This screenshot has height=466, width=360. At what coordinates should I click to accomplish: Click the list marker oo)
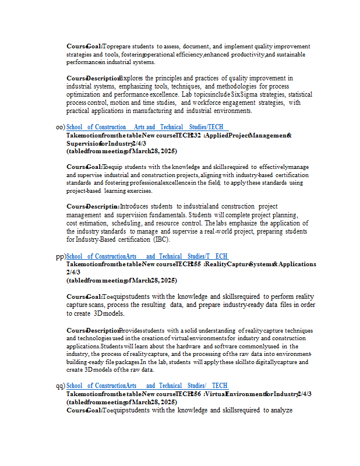click(60, 127)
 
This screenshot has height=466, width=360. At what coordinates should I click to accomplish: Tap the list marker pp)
click(61, 256)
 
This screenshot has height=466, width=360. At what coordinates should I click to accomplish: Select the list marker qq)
click(61, 386)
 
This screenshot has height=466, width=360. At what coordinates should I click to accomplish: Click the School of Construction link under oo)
click(147, 127)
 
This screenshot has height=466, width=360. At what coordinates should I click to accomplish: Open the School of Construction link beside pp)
click(147, 256)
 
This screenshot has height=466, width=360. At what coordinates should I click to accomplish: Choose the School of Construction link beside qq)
click(147, 386)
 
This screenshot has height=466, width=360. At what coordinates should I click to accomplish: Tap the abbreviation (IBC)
click(162, 239)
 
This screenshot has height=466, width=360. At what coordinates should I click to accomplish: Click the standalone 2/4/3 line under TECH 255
click(73, 272)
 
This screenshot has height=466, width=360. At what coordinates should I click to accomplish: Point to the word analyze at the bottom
click(279, 410)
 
